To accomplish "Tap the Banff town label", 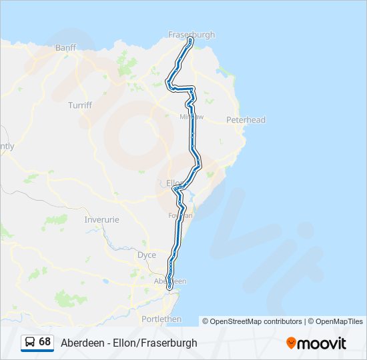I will tap(66, 47).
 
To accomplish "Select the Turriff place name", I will tap(79, 105).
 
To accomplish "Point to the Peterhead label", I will tap(246, 120).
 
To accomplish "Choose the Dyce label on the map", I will tap(146, 255).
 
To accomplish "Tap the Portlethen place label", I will tap(161, 319).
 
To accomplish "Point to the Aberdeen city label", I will tap(170, 281).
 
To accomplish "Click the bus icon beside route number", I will tap(30, 342).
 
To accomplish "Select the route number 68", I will tap(45, 341).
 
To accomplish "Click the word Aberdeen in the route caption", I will tap(81, 343).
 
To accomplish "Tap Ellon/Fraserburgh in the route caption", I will tap(160, 343).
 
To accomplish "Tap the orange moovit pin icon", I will tap(291, 343).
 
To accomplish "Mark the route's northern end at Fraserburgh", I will tap(191, 40).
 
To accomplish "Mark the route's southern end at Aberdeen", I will tap(169, 287).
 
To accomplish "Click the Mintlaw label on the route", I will tap(191, 117).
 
